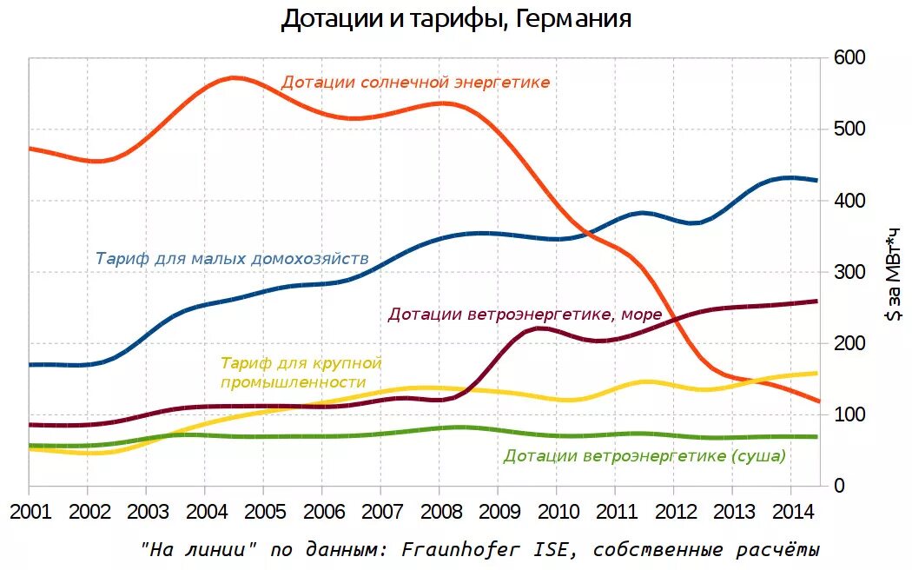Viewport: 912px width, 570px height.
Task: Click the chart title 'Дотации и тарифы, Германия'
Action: coord(456,19)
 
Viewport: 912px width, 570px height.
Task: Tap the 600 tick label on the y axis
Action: coord(850,58)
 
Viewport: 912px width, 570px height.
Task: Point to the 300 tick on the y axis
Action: coord(850,273)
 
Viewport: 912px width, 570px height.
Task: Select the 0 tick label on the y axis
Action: coord(839,487)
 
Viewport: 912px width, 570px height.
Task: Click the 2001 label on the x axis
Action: coord(29,511)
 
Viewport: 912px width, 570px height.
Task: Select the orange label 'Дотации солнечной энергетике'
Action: coord(415,83)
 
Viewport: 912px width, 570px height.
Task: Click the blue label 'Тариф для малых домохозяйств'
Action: coord(232,259)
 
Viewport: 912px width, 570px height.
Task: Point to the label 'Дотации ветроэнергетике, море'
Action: coord(525,314)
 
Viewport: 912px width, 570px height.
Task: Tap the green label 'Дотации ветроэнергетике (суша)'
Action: coord(644,455)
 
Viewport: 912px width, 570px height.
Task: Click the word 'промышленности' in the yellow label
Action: coord(293,382)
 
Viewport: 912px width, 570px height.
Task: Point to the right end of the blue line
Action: coord(817,181)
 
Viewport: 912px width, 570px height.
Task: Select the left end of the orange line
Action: coord(30,149)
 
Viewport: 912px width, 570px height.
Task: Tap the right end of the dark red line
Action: coord(817,302)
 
